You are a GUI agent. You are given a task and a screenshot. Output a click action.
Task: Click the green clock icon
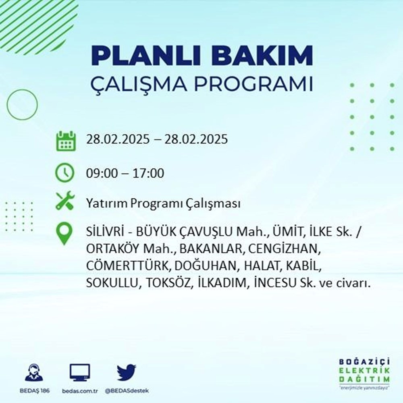pyautogui.click(x=65, y=173)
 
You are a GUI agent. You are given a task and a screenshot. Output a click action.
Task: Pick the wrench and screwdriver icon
pyautogui.click(x=65, y=200)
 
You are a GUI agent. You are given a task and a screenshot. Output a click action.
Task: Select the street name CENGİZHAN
pyautogui.click(x=285, y=249)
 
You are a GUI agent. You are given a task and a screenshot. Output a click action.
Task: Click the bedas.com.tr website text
pyautogui.click(x=80, y=391)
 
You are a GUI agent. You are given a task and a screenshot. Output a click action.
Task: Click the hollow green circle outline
pyautogui.click(x=22, y=105)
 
